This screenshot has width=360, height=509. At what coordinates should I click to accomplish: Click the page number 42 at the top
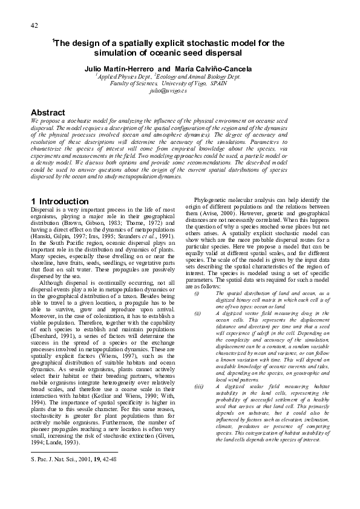34,25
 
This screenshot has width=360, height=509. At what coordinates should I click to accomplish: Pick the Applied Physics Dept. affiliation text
123,76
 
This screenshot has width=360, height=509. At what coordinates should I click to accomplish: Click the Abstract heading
48,112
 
